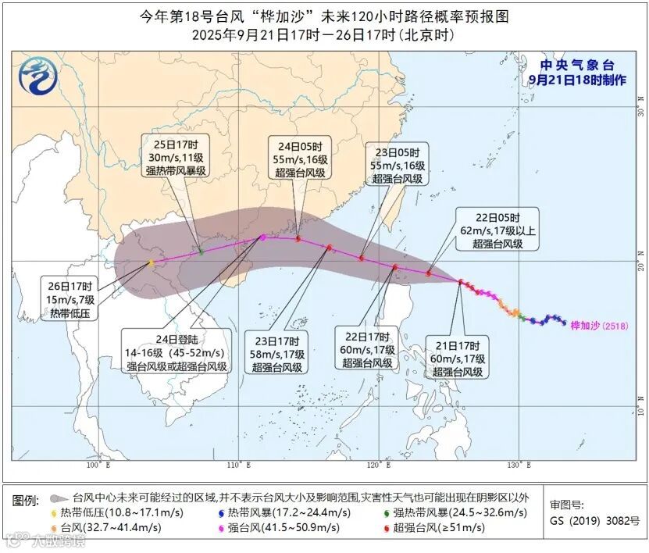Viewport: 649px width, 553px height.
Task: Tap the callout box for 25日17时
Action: (176, 157)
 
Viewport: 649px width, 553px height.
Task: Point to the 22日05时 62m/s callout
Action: (497, 230)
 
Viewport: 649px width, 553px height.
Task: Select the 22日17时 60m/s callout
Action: (366, 350)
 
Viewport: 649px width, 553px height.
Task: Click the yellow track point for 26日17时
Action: (151, 263)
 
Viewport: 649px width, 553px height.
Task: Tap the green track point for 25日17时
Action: (201, 252)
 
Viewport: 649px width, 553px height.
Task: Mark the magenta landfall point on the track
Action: (262, 237)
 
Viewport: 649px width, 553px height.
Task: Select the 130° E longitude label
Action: (515, 466)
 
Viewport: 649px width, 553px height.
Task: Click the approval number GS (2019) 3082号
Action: (595, 520)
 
